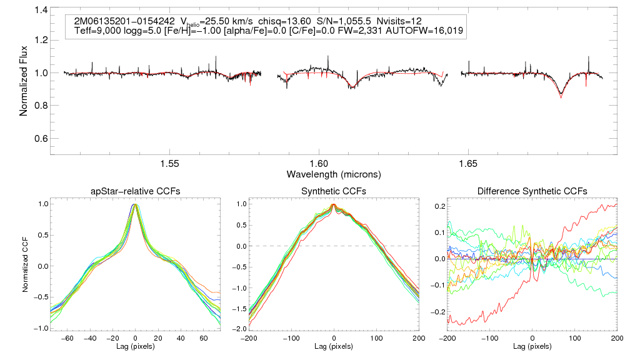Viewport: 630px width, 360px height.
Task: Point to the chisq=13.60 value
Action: click(259, 21)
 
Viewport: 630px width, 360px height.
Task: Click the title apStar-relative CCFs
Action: click(135, 191)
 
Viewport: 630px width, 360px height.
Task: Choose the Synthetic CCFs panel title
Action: click(333, 191)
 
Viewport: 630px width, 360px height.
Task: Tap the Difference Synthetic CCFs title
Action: click(531, 191)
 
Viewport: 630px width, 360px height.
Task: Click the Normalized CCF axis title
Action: click(26, 265)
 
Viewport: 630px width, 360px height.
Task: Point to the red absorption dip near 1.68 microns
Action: click(561, 96)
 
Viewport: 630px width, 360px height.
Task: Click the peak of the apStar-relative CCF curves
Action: click(136, 204)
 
